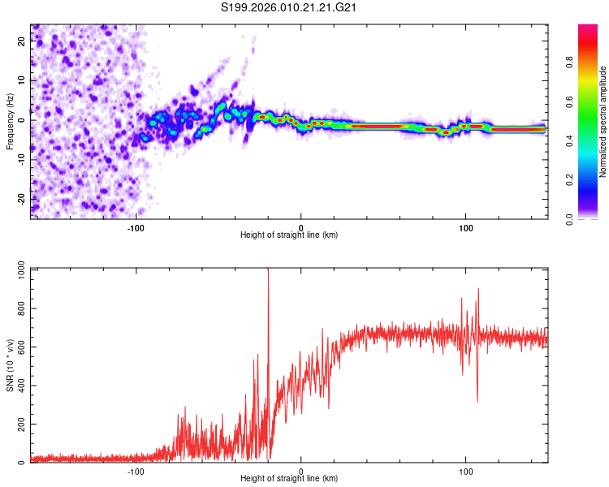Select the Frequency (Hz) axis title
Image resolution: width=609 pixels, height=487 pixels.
pyautogui.click(x=10, y=122)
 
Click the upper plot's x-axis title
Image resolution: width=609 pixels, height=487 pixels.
pyautogui.click(x=289, y=235)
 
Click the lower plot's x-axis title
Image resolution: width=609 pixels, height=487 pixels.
pyautogui.click(x=289, y=479)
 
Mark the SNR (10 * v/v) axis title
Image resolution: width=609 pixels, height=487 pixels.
pyautogui.click(x=10, y=365)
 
